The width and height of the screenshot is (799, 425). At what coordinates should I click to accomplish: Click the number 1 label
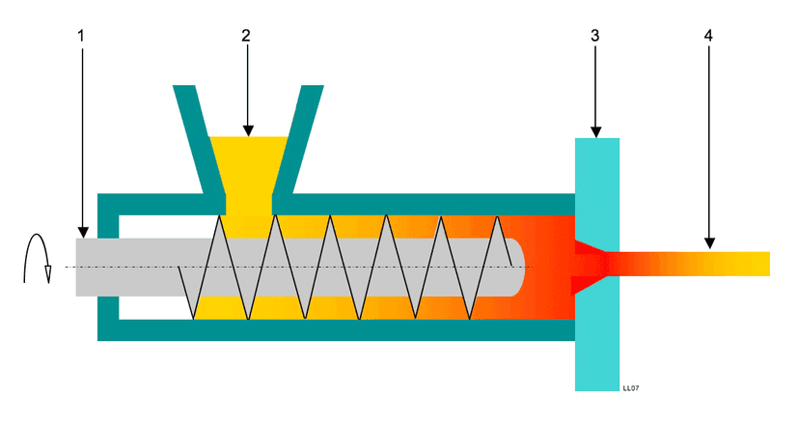pyautogui.click(x=82, y=35)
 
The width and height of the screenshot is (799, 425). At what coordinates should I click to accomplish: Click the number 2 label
pyautogui.click(x=246, y=35)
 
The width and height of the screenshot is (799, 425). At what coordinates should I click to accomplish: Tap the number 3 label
pyautogui.click(x=594, y=35)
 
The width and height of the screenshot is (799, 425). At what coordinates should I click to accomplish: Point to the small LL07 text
pyautogui.click(x=632, y=387)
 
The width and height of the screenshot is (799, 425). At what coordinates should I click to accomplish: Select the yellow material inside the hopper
pyautogui.click(x=247, y=164)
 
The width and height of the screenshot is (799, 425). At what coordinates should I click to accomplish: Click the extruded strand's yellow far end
pyautogui.click(x=753, y=263)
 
